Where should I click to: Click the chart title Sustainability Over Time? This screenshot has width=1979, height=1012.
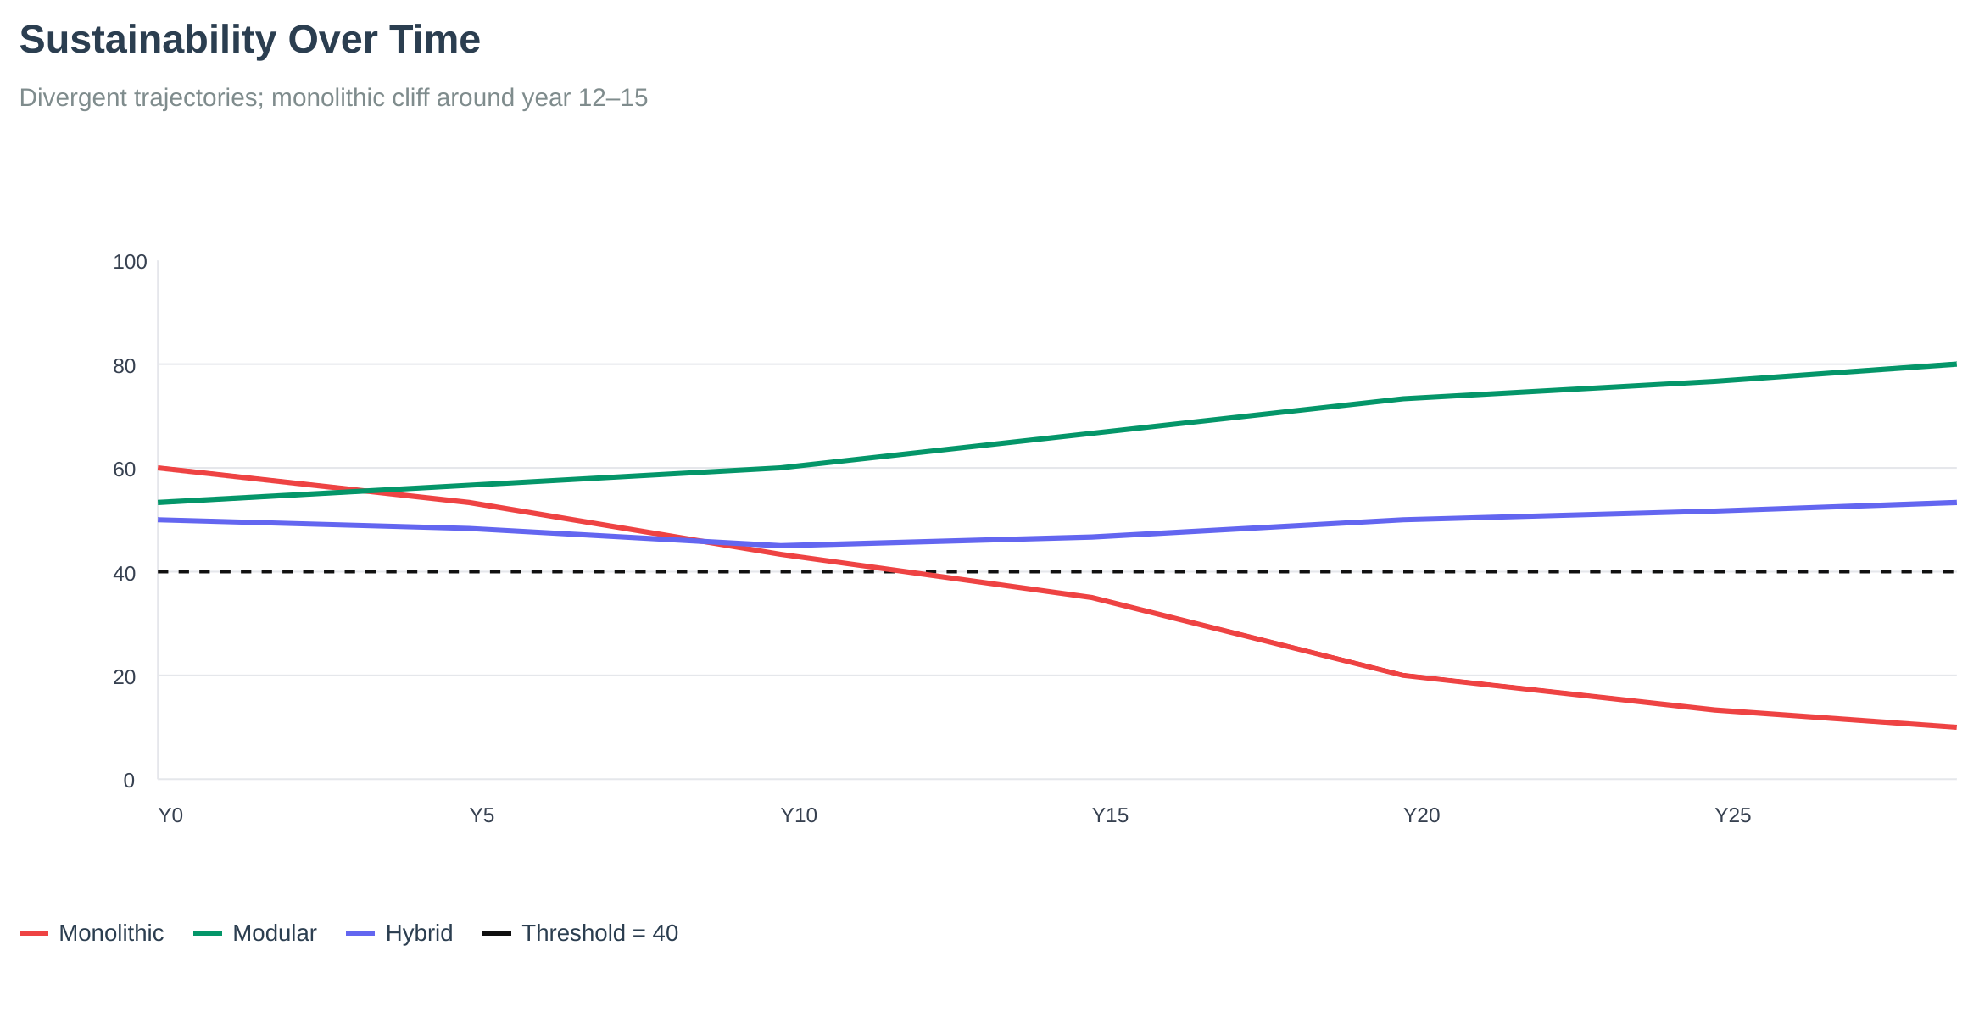coord(249,40)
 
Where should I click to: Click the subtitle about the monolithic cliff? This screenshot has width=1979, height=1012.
coord(332,98)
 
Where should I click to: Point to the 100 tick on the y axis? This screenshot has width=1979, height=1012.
coord(130,262)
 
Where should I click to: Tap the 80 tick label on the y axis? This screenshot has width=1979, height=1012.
coord(124,366)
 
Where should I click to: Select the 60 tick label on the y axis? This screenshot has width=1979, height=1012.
coord(124,470)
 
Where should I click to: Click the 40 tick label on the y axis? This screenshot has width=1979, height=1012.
coord(124,574)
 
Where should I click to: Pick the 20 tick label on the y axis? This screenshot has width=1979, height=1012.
coord(124,677)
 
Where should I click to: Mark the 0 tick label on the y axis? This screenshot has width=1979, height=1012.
coord(129,781)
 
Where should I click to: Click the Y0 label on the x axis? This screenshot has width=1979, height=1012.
coord(171,815)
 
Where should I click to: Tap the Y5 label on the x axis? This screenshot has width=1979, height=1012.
coord(482,815)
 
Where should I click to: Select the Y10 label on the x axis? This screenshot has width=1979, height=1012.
coord(798,815)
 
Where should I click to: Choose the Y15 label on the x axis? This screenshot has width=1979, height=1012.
coord(1110,815)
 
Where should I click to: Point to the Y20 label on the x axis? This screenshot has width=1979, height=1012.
coord(1421,815)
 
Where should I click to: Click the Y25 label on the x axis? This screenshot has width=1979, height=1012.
coord(1732,815)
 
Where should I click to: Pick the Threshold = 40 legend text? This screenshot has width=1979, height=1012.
coord(599,933)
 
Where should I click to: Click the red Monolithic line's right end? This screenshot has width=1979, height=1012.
coord(1954,726)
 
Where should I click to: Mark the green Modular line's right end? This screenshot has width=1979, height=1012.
coord(1954,364)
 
